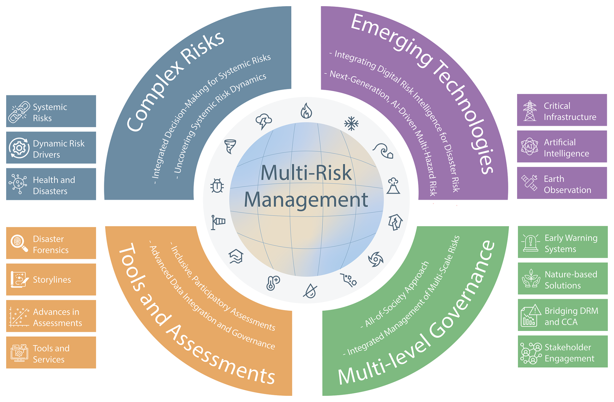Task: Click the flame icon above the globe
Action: pos(306,111)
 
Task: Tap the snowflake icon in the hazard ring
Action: pos(351,123)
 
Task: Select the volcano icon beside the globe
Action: pos(393,186)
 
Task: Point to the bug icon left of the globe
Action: pos(217,186)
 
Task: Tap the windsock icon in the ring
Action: pos(218,222)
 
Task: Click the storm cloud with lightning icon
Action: pos(264,121)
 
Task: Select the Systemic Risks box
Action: pos(51,111)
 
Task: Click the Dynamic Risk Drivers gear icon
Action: pos(19,148)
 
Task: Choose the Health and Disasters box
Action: pos(51,184)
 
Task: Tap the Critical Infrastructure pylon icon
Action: pos(530,111)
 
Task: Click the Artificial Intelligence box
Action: pos(562,147)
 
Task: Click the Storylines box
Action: pos(51,279)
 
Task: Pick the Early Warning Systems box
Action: pos(562,242)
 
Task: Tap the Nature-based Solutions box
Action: pos(562,279)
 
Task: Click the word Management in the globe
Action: pos(306,200)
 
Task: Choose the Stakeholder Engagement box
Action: pos(562,352)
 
